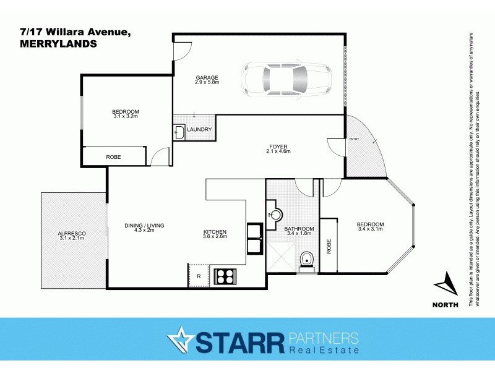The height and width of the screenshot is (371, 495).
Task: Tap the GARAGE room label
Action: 207,77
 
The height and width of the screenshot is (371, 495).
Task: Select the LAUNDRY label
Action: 199,130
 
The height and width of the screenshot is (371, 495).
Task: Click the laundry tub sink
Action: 179,131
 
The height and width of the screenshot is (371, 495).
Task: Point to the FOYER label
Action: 278,146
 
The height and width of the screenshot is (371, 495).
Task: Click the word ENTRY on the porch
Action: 354,139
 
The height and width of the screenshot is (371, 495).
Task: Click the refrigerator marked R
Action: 198,275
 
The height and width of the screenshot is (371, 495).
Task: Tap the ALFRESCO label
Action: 72,232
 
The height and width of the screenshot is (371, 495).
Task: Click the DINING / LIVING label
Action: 144,226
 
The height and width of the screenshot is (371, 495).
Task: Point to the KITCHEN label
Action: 215,232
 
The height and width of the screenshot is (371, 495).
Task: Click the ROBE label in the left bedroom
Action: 113,157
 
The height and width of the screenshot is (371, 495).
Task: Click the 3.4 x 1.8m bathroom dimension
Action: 299,234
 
